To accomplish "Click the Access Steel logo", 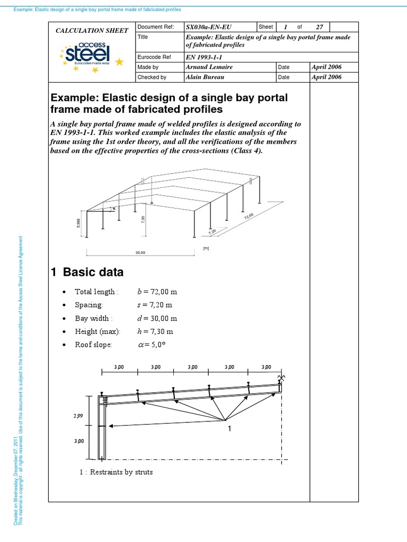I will (x=88, y=54).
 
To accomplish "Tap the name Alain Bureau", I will (x=207, y=77).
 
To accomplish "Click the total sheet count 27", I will (x=319, y=27).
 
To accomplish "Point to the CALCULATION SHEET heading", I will (x=92, y=31).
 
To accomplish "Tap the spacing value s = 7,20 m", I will (x=154, y=305).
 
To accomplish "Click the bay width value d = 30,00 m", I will (x=157, y=319).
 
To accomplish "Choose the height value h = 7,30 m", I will (x=155, y=332).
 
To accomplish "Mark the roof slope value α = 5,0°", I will (x=152, y=345).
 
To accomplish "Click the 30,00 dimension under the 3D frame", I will (x=140, y=253).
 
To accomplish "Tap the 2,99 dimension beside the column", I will (x=77, y=416).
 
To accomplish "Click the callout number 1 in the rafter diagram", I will (x=229, y=429).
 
